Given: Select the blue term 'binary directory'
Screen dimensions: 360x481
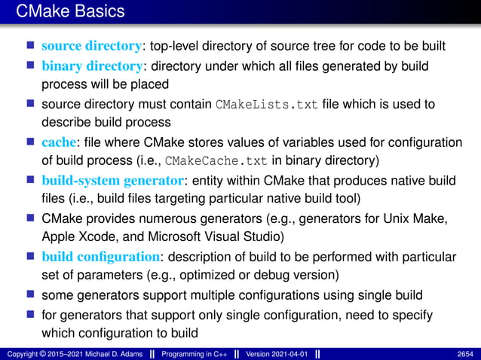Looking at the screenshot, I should point(90,66).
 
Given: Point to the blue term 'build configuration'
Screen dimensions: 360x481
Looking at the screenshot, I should point(101,257).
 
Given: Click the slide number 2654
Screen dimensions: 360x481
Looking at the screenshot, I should point(465,353).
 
